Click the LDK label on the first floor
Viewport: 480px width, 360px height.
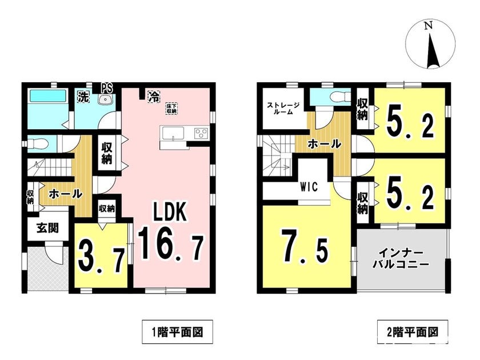170,212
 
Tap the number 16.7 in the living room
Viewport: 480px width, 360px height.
170,245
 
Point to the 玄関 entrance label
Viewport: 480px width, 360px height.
47,228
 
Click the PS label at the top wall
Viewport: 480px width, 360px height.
106,88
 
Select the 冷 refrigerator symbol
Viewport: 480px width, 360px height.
154,97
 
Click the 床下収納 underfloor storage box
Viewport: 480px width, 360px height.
172,109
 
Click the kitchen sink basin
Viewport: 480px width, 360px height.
173,134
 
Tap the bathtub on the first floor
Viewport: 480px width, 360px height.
47,95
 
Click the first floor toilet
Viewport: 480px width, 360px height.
38,143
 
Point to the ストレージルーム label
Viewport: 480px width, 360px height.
283,109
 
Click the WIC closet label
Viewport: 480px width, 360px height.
309,186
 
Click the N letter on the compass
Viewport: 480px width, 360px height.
429,26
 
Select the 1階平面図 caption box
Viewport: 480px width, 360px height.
178,332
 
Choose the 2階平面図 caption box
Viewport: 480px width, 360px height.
413,332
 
